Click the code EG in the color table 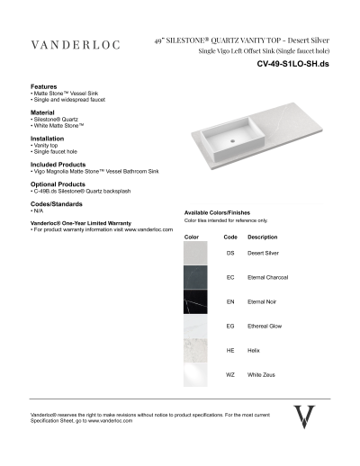(229, 326)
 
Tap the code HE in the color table (229, 350)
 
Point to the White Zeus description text (260, 374)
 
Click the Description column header (262, 237)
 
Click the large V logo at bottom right (305, 417)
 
